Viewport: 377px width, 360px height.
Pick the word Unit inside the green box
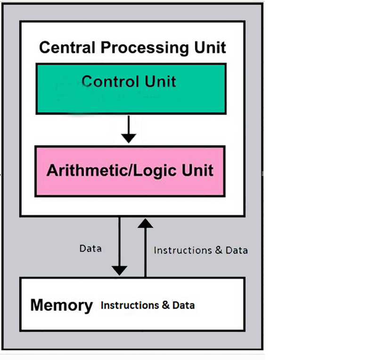click(x=160, y=82)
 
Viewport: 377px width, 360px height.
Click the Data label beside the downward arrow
click(x=90, y=248)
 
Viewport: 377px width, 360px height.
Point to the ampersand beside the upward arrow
click(x=218, y=250)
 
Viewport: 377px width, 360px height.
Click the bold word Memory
click(x=61, y=305)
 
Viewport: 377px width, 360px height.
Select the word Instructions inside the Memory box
click(x=130, y=306)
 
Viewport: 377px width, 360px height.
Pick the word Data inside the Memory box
click(x=183, y=306)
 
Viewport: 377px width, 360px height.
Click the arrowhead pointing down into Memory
click(x=120, y=270)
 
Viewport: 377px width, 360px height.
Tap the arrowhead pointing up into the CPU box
click(x=145, y=223)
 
